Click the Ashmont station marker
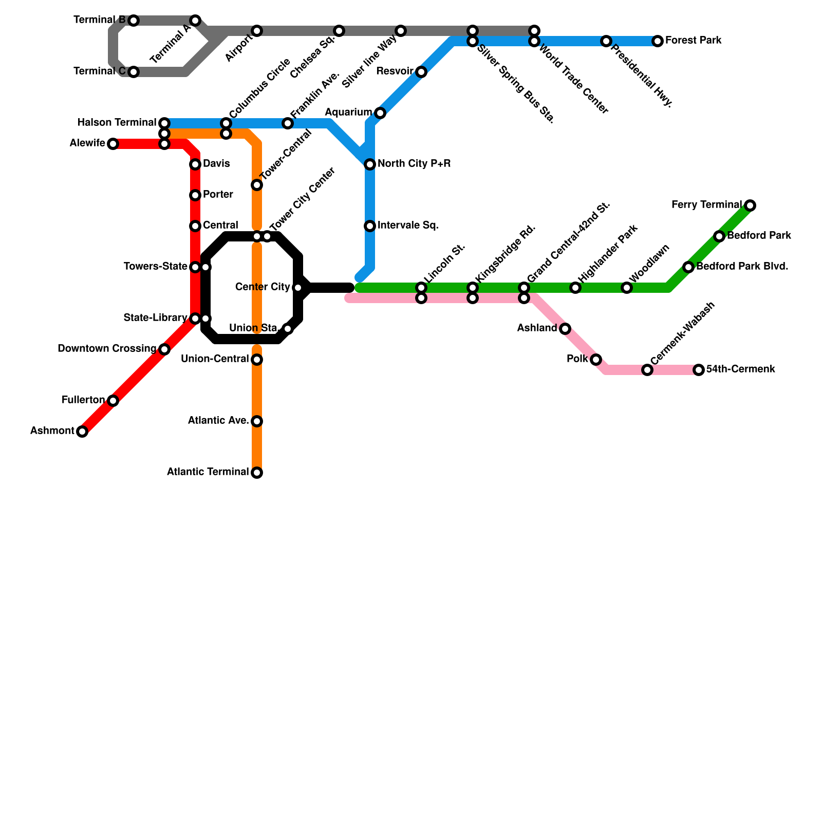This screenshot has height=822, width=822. tap(82, 432)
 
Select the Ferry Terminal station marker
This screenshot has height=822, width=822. tap(750, 206)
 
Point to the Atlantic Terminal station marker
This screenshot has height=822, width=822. tap(257, 473)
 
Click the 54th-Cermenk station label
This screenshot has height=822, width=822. tap(740, 369)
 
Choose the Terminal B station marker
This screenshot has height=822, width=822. tap(134, 21)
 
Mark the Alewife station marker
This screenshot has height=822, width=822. tap(113, 144)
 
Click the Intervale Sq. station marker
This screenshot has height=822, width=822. tap(370, 226)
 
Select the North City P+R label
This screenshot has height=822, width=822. tap(414, 164)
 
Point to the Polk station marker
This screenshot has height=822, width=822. tap(596, 360)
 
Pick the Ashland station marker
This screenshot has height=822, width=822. tap(565, 329)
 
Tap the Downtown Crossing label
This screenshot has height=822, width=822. tap(107, 349)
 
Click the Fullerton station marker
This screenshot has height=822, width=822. tap(113, 401)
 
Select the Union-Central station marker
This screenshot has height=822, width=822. tap(257, 360)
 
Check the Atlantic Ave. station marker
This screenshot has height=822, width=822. tap(257, 421)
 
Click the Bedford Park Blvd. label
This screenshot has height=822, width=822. tap(742, 267)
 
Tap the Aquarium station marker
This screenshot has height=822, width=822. tap(380, 113)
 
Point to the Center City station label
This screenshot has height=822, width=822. tap(263, 287)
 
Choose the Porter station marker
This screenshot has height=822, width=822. tap(195, 195)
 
